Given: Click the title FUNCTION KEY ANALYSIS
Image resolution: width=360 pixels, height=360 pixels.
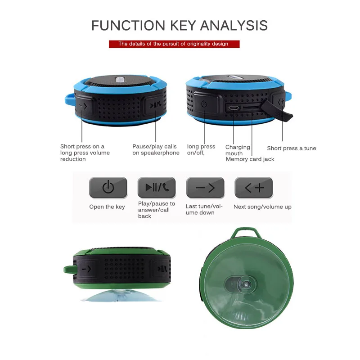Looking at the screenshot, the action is tap(180, 25).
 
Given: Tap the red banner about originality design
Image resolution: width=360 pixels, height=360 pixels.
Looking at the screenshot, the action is tap(174, 44).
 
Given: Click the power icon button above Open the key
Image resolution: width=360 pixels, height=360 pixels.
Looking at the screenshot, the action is tap(108, 188).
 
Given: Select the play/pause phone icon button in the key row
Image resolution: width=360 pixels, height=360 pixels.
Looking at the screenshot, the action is tap(157, 188).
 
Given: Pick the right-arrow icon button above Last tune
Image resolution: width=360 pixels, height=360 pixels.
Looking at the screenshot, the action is tap(205, 188).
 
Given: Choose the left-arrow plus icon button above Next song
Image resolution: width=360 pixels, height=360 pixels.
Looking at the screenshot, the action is tap(254, 188).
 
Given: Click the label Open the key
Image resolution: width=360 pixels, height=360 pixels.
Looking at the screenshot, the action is tap(107, 207).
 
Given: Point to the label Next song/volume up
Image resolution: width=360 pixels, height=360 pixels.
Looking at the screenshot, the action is tap(262, 207).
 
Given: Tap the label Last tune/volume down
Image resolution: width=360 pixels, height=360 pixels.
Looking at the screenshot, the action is tap(204, 209).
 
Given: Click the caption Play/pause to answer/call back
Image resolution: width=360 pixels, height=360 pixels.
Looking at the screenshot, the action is tap(156, 210).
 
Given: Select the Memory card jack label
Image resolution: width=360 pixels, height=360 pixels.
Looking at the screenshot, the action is tap(250, 159).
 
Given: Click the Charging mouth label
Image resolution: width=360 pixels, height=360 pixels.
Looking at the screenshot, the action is tap(237, 150).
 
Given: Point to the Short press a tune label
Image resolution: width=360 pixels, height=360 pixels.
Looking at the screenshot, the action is tap(292, 148).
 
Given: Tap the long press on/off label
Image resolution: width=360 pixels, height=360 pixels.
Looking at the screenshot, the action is tap(201, 149).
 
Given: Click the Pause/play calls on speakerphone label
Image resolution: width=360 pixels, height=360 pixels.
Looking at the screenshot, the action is tap(156, 149).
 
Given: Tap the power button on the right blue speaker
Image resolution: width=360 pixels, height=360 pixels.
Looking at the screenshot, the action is tap(203, 104).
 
